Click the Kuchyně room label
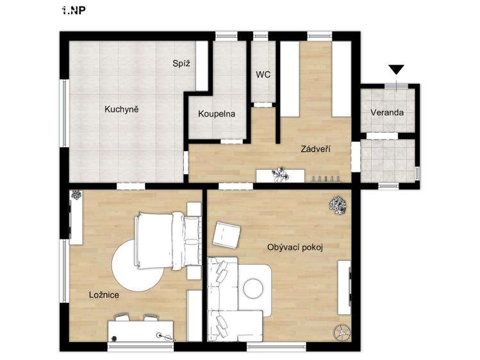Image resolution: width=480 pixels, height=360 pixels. [x=122, y=110]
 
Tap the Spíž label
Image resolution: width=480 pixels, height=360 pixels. [x=181, y=63]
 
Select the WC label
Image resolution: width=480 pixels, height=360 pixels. [x=263, y=75]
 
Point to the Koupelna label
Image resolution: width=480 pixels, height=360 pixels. [x=217, y=114]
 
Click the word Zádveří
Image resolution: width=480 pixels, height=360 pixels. [x=315, y=149]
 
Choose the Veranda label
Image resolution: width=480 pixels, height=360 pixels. [x=387, y=113]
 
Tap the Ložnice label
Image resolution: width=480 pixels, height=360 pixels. [x=104, y=295]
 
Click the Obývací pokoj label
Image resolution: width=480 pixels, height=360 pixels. [x=295, y=247]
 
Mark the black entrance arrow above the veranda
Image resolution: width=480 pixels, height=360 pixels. [x=397, y=69]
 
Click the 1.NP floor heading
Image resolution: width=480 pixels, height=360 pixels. [x=73, y=11]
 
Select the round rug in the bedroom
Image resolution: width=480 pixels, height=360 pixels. [x=138, y=265]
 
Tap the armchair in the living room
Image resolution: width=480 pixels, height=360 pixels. [x=226, y=236]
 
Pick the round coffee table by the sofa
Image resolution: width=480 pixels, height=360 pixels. [x=253, y=288]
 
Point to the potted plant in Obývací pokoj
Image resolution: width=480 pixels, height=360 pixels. [x=338, y=205]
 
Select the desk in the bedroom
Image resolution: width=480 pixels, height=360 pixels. [x=140, y=331]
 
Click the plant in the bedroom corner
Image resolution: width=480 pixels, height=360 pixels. [x=76, y=195]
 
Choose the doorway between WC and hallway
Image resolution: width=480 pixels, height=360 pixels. [x=263, y=104]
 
